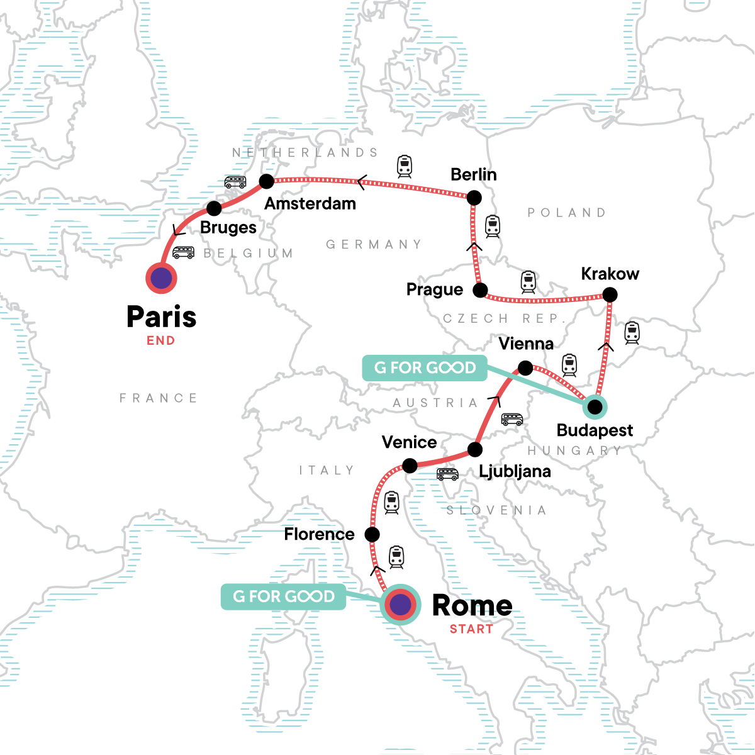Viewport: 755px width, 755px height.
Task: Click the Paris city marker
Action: tap(161, 278)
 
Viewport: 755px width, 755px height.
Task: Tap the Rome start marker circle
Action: tap(400, 605)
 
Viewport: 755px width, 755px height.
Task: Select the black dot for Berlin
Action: tap(474, 198)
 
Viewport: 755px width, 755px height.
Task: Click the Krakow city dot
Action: tap(610, 294)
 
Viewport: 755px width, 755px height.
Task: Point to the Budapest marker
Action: tap(595, 407)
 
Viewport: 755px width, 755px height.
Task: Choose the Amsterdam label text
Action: tap(310, 204)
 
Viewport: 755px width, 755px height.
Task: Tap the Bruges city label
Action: tap(228, 228)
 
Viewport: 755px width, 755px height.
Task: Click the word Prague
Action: tap(435, 289)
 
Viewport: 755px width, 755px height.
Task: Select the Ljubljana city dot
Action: tap(475, 449)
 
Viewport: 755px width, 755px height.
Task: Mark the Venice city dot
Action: tap(410, 466)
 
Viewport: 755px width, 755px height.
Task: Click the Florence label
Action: tap(319, 535)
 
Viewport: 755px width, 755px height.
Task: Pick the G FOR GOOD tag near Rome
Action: tap(284, 596)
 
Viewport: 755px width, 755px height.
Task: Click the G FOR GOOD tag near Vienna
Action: tap(425, 368)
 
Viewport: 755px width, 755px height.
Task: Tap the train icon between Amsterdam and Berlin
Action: tap(404, 166)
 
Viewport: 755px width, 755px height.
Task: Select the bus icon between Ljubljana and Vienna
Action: tap(512, 419)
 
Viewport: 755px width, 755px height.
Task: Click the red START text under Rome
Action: tap(471, 629)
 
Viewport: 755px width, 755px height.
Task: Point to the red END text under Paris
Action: tap(161, 341)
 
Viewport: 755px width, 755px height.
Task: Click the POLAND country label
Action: tap(566, 213)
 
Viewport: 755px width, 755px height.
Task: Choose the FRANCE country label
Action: tap(159, 398)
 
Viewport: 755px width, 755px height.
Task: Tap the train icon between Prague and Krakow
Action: tap(528, 282)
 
